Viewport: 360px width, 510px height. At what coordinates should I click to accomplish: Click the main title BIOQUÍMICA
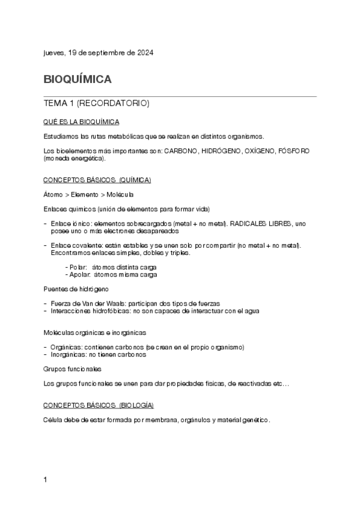click(x=78, y=79)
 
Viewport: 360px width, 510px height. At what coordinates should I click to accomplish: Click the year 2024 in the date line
click(x=144, y=53)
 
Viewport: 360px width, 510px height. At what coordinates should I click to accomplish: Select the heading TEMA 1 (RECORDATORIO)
click(x=96, y=103)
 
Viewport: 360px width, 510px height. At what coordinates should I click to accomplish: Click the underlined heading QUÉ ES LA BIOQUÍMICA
click(x=81, y=122)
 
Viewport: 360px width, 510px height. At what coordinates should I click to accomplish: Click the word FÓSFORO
click(x=294, y=150)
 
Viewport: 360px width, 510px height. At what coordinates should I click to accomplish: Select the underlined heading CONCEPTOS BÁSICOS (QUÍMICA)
click(x=97, y=180)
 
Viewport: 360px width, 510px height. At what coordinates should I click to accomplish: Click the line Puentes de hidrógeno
click(x=76, y=289)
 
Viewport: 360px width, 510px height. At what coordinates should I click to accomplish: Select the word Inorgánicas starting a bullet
click(x=69, y=354)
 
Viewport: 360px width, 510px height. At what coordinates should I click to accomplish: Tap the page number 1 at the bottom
click(x=46, y=480)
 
